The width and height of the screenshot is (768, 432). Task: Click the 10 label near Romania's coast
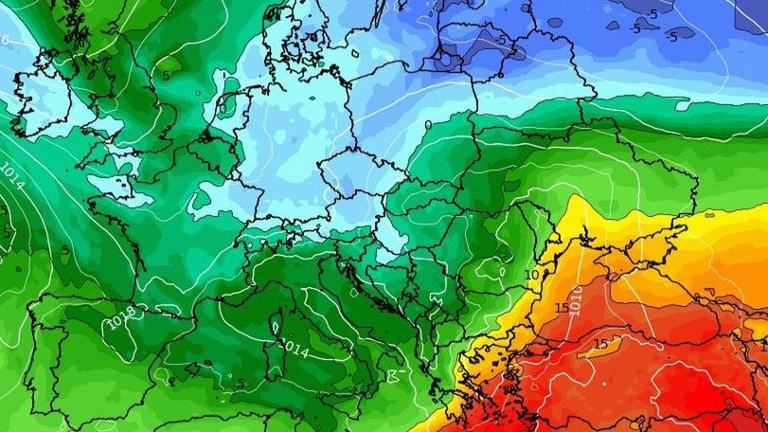point(531,275)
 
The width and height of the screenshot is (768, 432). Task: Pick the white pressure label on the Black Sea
point(577,294)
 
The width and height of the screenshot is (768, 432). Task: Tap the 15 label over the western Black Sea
point(562,308)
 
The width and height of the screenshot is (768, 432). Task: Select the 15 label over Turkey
point(600,343)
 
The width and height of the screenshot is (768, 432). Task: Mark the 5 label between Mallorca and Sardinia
point(241,383)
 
